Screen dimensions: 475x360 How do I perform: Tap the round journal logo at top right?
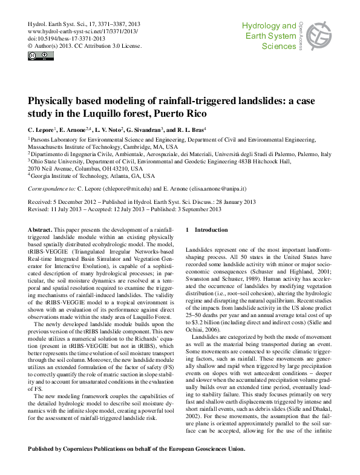(x=319, y=36)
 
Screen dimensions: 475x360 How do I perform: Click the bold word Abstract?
(x=41, y=231)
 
